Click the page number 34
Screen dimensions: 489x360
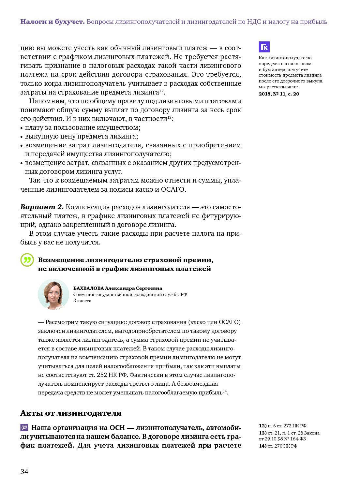pyautogui.click(x=24, y=472)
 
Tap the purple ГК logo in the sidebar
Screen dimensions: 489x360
pyautogui.click(x=264, y=47)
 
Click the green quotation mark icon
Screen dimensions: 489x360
pyautogui.click(x=27, y=260)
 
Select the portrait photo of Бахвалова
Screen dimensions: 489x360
pyautogui.click(x=53, y=294)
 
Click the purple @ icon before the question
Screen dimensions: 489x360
pyautogui.click(x=24, y=427)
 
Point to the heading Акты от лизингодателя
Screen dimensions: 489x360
pyautogui.click(x=71, y=413)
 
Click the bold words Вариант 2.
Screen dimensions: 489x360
pyautogui.click(x=42, y=207)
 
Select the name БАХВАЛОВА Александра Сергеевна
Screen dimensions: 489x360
pyautogui.click(x=117, y=288)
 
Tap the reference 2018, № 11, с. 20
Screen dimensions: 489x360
pyautogui.click(x=279, y=94)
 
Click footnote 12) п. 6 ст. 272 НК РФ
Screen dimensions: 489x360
pyautogui.click(x=282, y=426)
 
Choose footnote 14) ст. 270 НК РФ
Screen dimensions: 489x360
pyautogui.click(x=278, y=446)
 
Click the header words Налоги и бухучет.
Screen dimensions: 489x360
pyautogui.click(x=52, y=22)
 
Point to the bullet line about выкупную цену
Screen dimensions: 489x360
pyautogui.click(x=81, y=136)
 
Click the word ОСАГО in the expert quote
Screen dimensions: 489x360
pyautogui.click(x=229, y=322)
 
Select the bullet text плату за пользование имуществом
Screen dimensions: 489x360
pyautogui.click(x=82, y=127)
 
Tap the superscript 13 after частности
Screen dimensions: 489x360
pyautogui.click(x=169, y=117)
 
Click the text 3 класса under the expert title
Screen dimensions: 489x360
pyautogui.click(x=82, y=301)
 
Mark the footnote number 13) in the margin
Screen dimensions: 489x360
pyautogui.click(x=263, y=433)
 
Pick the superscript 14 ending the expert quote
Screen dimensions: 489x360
pyautogui.click(x=225, y=391)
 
